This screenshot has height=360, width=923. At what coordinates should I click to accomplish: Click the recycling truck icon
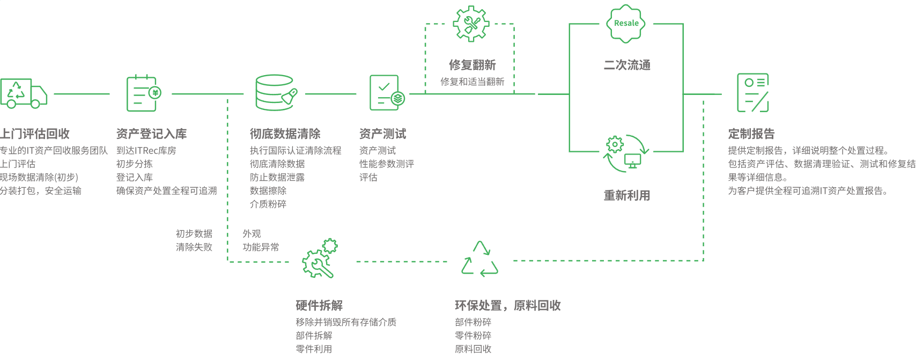[x=24, y=94]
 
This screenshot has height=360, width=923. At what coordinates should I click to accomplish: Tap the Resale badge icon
[x=626, y=24]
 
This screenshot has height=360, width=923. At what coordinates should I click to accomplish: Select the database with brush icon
[x=276, y=93]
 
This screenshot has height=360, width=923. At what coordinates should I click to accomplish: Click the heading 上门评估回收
[x=35, y=134]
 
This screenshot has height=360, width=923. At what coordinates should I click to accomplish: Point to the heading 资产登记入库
[x=151, y=134]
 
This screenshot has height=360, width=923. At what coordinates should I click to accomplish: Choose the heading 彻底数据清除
[x=285, y=134]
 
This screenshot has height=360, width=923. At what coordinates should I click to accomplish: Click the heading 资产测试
[x=382, y=134]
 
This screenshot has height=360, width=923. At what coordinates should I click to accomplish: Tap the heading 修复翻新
[x=472, y=65]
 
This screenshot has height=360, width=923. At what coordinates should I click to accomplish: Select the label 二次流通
[x=627, y=65]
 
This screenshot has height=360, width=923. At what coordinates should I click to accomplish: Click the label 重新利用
[x=627, y=195]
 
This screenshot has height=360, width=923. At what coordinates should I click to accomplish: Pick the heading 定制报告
[x=751, y=134]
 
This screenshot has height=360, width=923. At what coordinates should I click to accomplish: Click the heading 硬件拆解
[x=319, y=305]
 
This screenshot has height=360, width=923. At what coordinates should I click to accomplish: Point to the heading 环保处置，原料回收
[x=507, y=305]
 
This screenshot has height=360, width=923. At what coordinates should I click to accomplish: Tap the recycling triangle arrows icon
[x=480, y=260]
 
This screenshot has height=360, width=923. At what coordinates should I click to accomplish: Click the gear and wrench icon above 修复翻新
[x=471, y=24]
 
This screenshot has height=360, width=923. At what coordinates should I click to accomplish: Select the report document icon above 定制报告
[x=753, y=93]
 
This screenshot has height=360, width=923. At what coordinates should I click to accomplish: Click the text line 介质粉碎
[x=268, y=204]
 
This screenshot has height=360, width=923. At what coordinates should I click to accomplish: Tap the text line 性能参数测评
[x=387, y=164]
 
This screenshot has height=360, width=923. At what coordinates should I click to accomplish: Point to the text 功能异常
[x=261, y=247]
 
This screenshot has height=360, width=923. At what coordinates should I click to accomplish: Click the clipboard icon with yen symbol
[x=143, y=93]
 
